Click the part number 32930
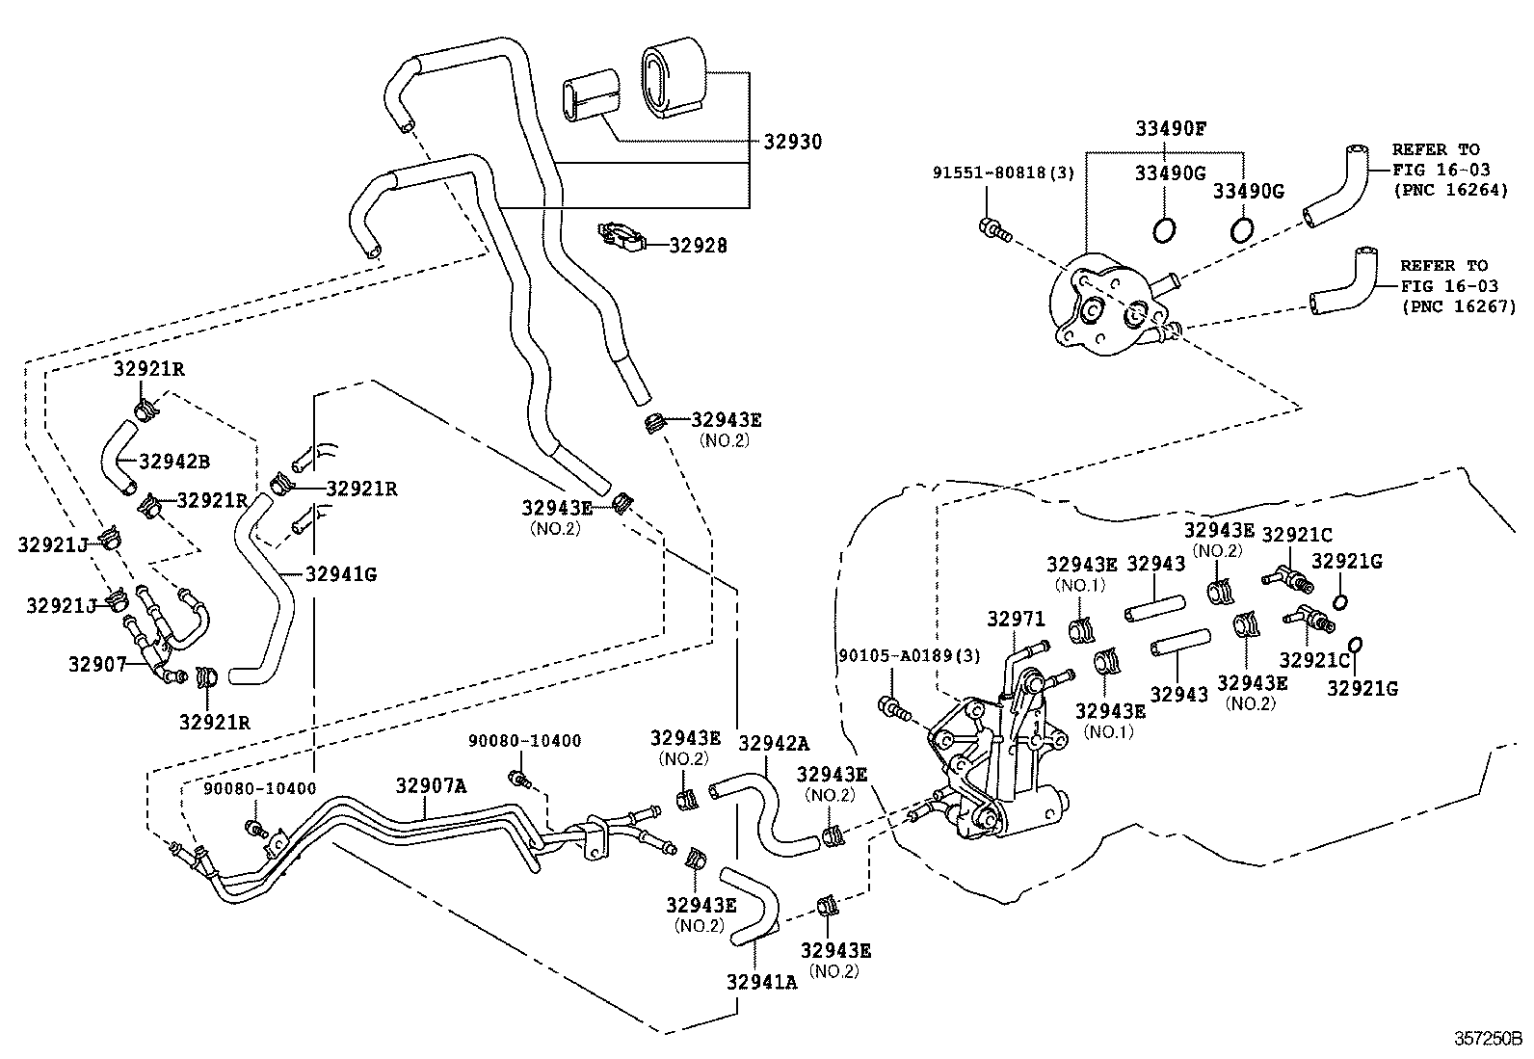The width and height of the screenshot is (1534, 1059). pyautogui.click(x=793, y=142)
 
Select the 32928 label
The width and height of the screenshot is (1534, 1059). pyautogui.click(x=698, y=246)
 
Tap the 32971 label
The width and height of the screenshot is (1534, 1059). pyautogui.click(x=1016, y=617)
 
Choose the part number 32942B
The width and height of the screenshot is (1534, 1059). pyautogui.click(x=173, y=461)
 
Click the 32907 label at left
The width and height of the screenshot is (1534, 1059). pyautogui.click(x=97, y=664)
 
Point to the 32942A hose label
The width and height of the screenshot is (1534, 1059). pyautogui.click(x=774, y=743)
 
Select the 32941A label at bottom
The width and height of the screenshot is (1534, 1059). pyautogui.click(x=762, y=982)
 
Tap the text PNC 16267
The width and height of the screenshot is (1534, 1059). pyautogui.click(x=1459, y=306)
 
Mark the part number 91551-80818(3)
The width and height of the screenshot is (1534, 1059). pyautogui.click(x=1002, y=172)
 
